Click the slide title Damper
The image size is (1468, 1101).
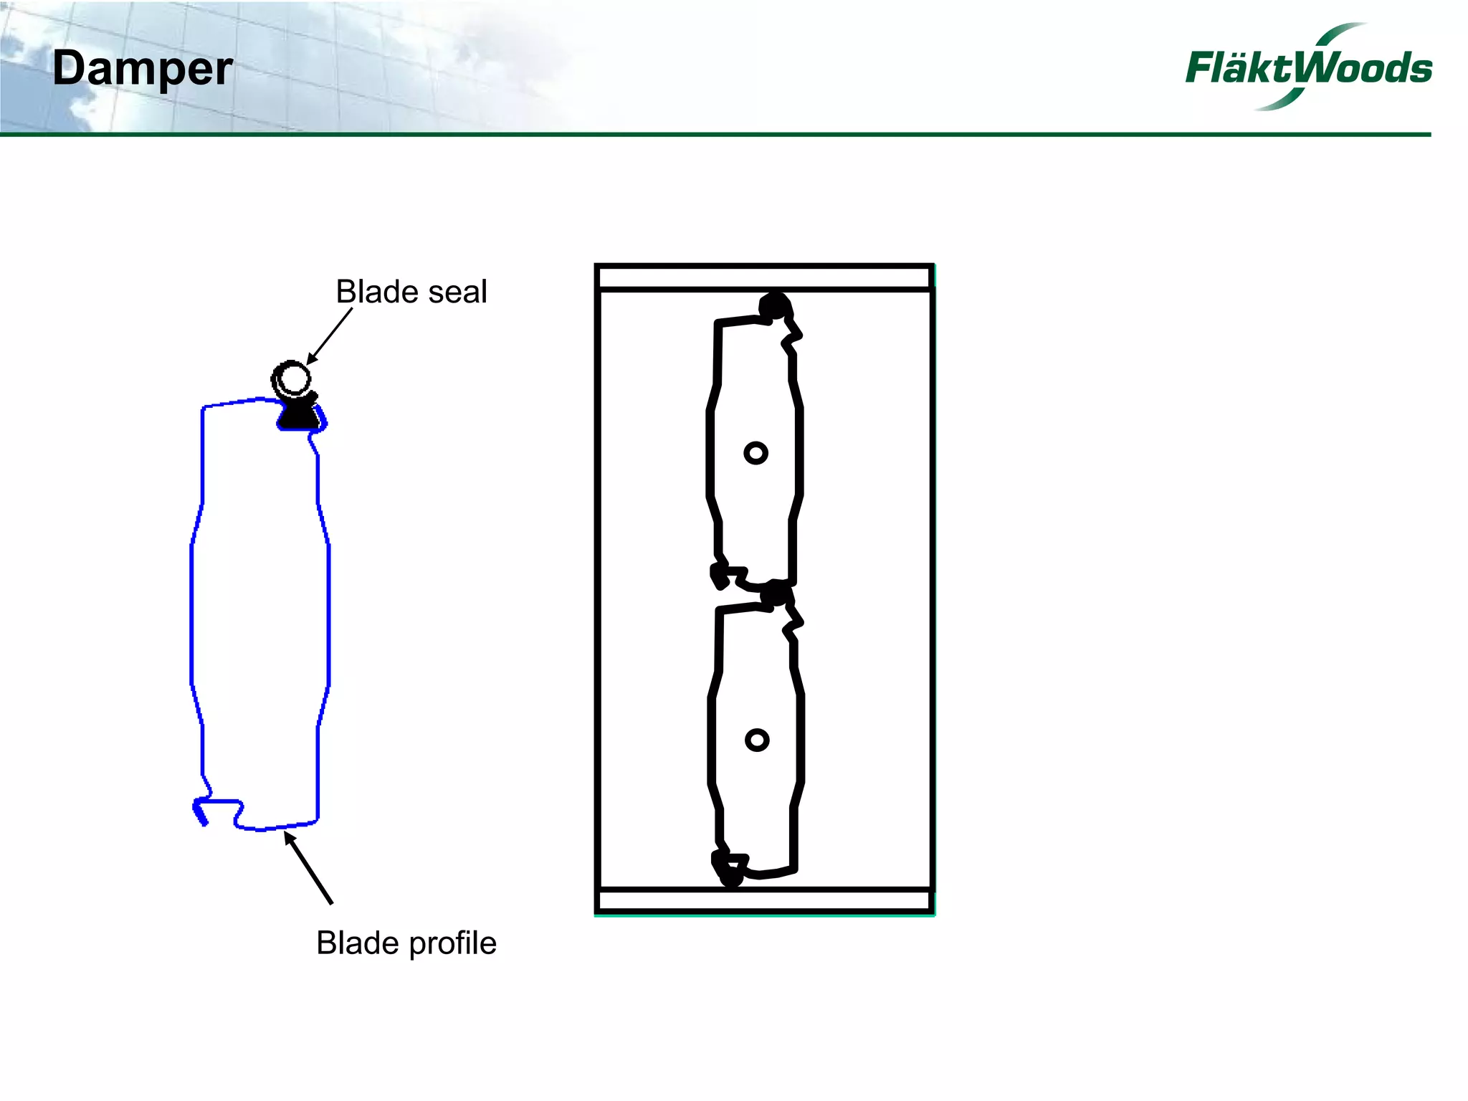[x=142, y=70]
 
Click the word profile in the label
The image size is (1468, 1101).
[x=452, y=943]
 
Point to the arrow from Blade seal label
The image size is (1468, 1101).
[x=330, y=336]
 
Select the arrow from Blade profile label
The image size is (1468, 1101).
[x=309, y=867]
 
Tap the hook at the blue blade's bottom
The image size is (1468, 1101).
[x=203, y=812]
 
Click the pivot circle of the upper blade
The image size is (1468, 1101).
[x=756, y=453]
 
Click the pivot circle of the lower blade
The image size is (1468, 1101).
[x=757, y=740]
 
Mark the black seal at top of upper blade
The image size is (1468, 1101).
[x=774, y=307]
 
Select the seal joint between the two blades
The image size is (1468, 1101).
[x=774, y=594]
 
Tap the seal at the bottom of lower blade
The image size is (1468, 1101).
[x=730, y=873]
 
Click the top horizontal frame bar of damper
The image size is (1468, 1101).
[x=764, y=277]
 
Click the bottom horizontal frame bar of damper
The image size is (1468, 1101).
[x=764, y=900]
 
